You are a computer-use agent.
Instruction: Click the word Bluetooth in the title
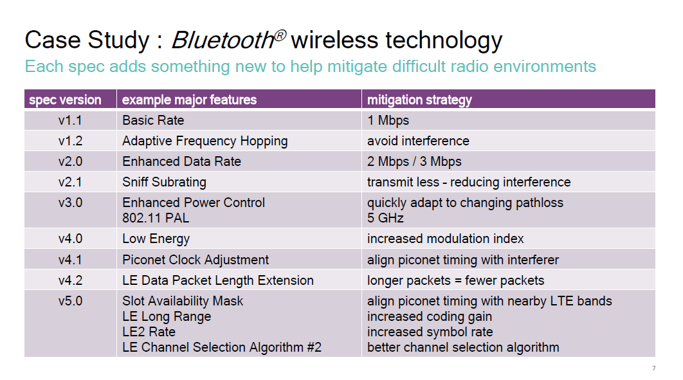(222, 40)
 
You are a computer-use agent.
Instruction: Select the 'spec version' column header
(65, 100)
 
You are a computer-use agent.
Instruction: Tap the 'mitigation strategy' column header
(419, 100)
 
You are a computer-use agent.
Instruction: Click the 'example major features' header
(189, 100)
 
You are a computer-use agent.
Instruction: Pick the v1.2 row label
(70, 141)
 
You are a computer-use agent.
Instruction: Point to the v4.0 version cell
(70, 239)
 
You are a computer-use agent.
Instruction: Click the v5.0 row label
(70, 301)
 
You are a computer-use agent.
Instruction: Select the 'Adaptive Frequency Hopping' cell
(205, 141)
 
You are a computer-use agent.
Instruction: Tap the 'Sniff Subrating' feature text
(164, 182)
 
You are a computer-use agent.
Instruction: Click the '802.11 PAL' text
(156, 218)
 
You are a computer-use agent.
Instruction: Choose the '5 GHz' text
(385, 218)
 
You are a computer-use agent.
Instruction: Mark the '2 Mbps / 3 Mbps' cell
(414, 161)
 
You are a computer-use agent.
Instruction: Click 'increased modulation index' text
(445, 239)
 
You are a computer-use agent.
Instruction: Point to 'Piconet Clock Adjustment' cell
(196, 260)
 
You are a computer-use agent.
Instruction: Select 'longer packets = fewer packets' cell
(455, 280)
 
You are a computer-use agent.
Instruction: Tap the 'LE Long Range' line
(167, 316)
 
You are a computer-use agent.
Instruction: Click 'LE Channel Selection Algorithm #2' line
(222, 347)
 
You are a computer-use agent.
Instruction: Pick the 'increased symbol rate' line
(430, 332)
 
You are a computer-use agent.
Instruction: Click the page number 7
(654, 368)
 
